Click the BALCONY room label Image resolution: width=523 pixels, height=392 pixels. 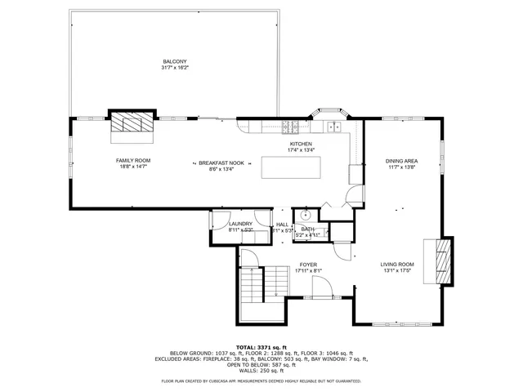175,62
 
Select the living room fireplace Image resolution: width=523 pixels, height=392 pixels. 444,261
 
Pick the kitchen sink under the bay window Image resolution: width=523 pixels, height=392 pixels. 333,127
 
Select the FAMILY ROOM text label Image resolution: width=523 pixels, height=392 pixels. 132,160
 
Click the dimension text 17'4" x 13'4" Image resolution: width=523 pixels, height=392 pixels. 301,150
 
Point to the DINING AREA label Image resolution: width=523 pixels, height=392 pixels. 402,161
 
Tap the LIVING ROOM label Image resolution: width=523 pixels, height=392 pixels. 398,264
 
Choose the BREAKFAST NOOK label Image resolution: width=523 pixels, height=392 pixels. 221,163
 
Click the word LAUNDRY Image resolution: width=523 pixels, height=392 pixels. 240,224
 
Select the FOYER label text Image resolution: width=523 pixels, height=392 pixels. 307,265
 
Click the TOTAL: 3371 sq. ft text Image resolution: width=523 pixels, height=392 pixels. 261,347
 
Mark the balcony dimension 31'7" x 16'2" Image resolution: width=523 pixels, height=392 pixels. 175,69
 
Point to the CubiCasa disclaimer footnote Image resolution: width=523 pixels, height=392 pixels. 261,381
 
